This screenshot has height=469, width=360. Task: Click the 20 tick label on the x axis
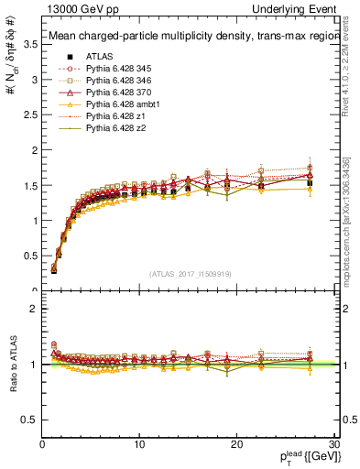pyautogui.click(x=236, y=444)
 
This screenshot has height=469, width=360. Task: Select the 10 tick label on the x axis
pyautogui.click(x=139, y=444)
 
